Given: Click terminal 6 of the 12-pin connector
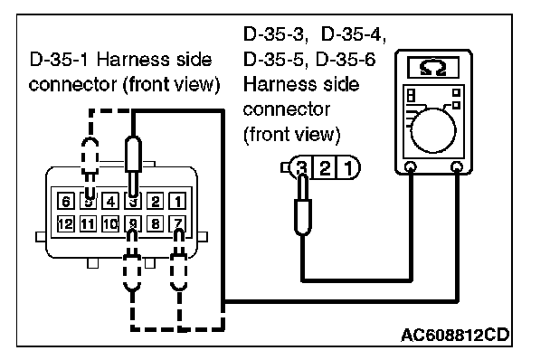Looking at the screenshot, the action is pos(66,202).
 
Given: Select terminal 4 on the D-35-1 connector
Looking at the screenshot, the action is pos(110,202).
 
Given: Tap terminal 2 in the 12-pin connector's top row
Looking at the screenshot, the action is pos(155,202).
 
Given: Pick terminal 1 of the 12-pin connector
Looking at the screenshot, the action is pos(177,202).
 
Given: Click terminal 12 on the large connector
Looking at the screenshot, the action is pos(66,223).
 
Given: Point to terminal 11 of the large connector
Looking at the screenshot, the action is pos(88,223).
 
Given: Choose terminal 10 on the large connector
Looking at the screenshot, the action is pos(110,223).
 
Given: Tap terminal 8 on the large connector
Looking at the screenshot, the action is pos(155,223).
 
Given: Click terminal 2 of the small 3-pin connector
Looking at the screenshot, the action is pos(325,167).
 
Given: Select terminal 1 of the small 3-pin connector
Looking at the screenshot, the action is pos(348,167).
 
